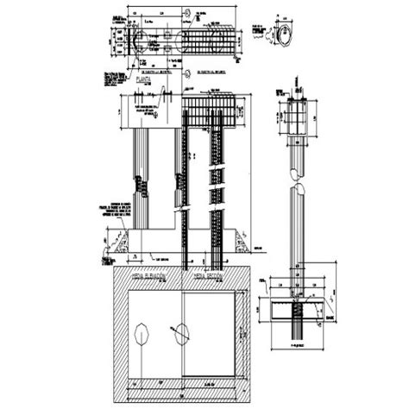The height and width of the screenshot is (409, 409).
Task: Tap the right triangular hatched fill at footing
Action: [x=244, y=242]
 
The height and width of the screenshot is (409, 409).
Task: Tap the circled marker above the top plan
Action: [x=187, y=12]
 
